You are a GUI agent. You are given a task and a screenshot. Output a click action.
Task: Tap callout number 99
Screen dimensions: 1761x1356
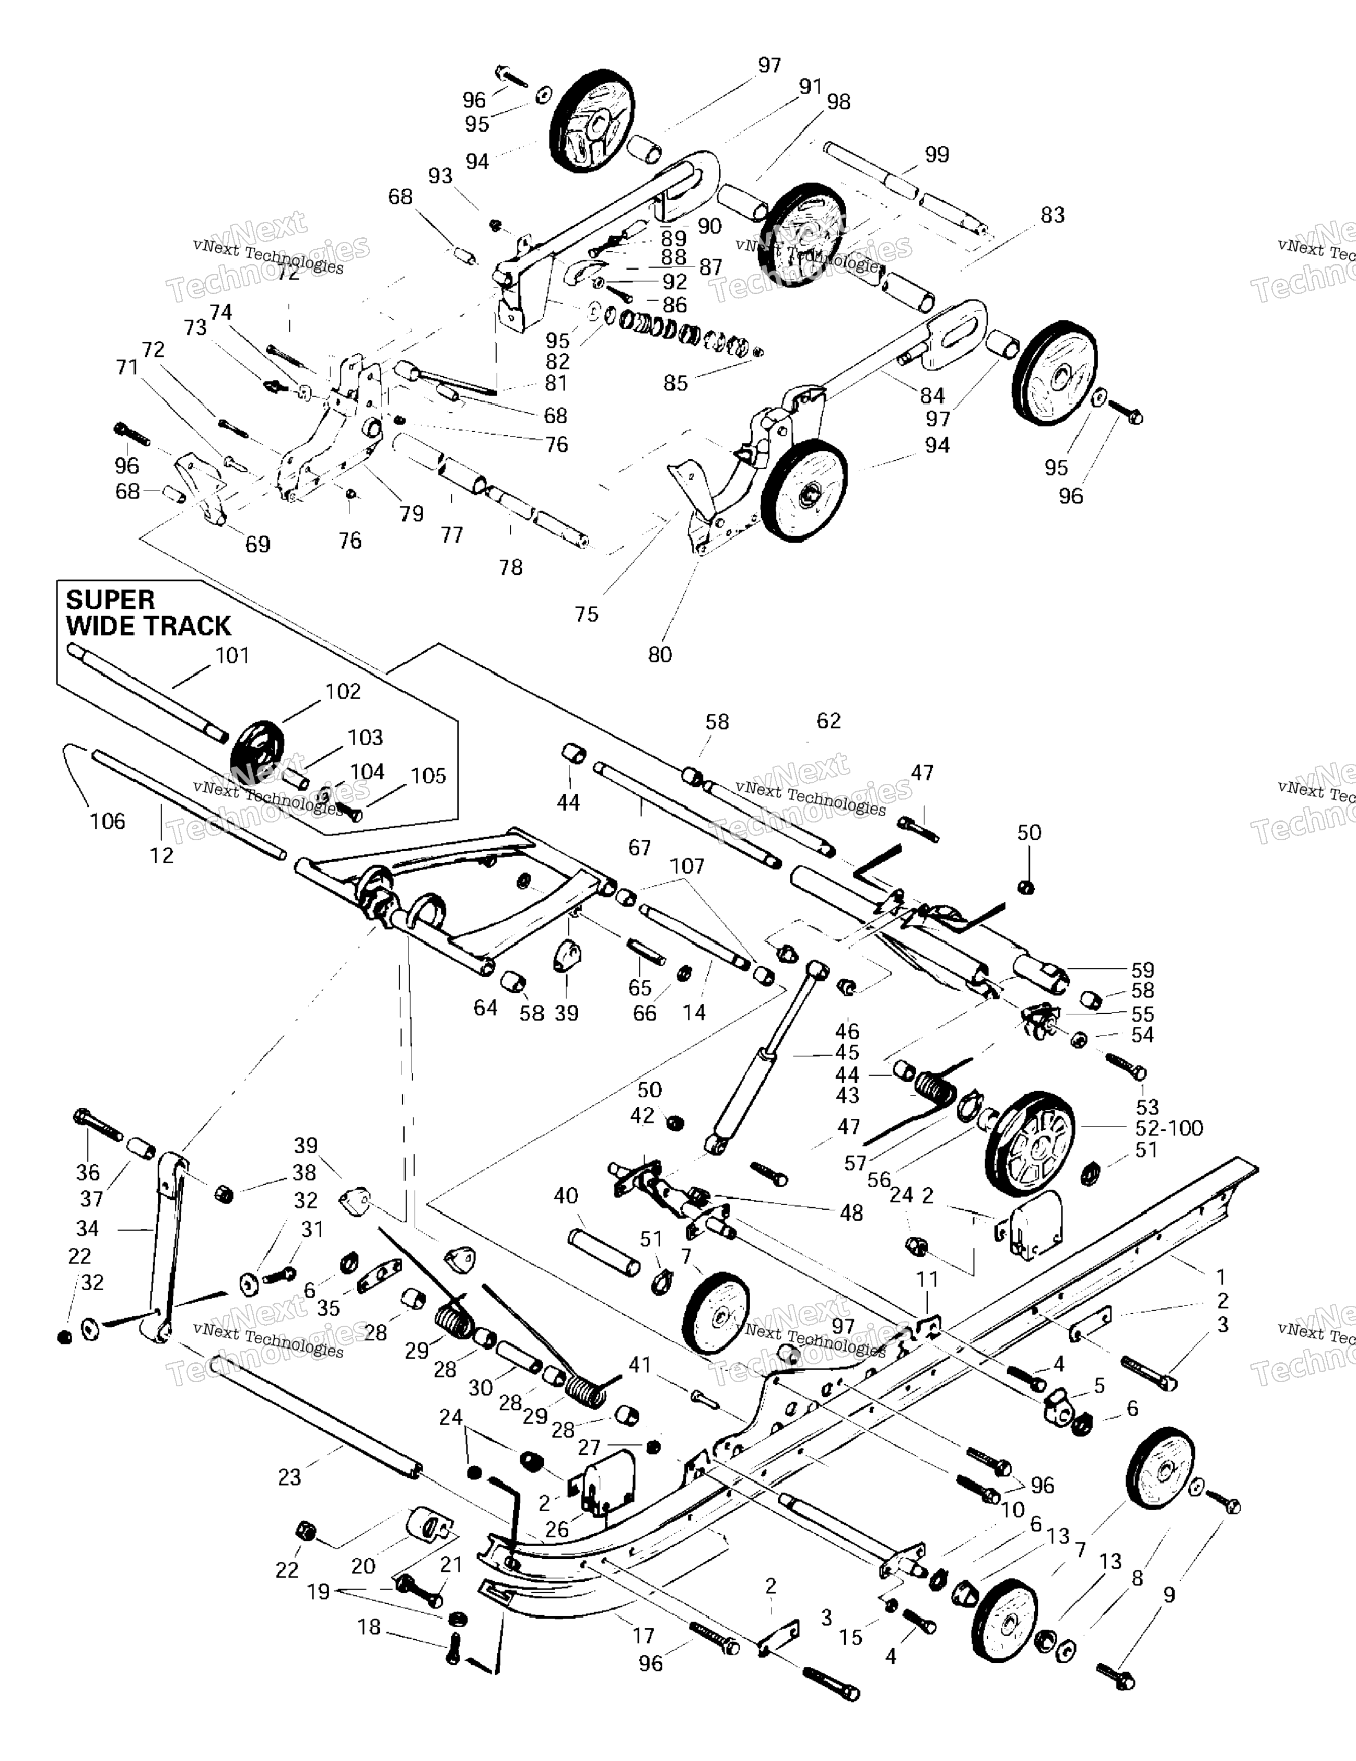937,154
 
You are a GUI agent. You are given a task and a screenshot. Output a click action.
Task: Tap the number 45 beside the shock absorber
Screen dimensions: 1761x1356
847,1052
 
